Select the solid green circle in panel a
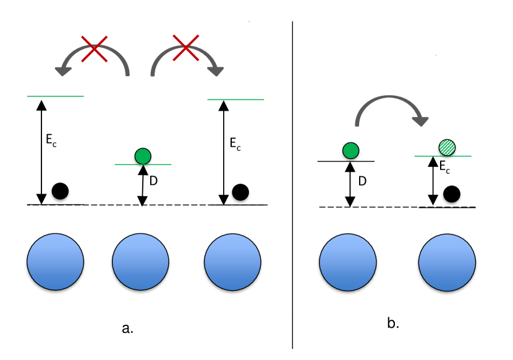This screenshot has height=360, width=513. [143, 155]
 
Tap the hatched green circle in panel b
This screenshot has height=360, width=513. [446, 148]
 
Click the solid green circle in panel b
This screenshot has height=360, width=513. [350, 150]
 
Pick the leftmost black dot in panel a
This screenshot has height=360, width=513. [60, 191]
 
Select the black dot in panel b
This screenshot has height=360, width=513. [452, 194]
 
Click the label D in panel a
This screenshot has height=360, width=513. [155, 181]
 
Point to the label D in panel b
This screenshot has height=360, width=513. [362, 181]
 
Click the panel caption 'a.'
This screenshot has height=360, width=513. [128, 328]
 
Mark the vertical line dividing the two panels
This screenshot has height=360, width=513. [292, 186]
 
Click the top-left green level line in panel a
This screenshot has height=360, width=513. [55, 96]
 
